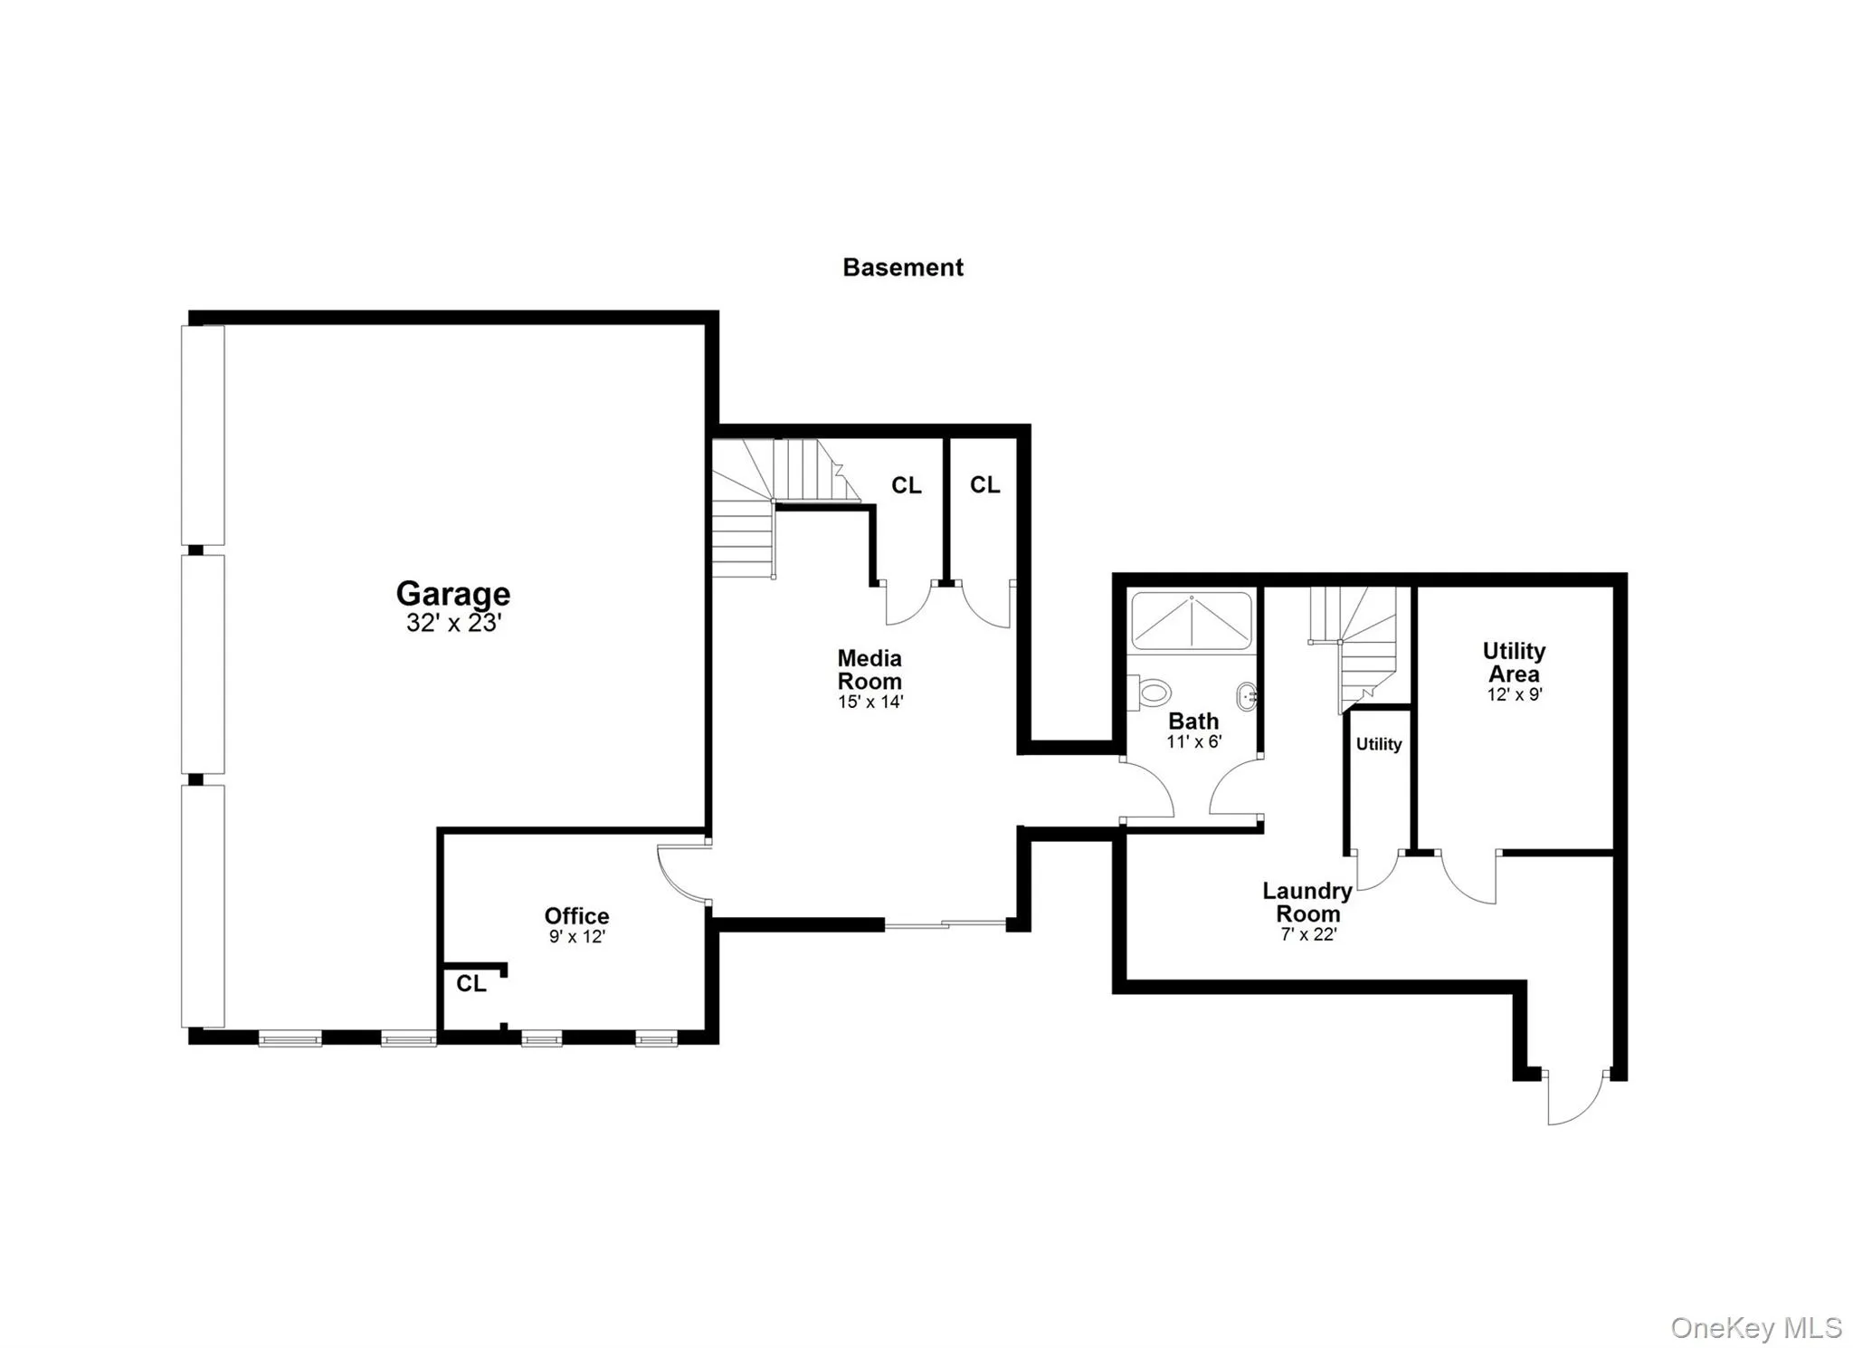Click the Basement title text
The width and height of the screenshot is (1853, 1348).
(x=902, y=267)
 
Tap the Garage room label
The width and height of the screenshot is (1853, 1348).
(x=452, y=593)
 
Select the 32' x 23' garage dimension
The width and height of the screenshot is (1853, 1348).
(x=452, y=623)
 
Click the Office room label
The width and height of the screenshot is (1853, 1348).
(x=576, y=915)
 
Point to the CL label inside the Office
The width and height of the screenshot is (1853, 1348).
(x=470, y=983)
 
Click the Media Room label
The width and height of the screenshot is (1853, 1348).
(x=869, y=670)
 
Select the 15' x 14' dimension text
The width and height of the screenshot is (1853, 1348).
(x=869, y=702)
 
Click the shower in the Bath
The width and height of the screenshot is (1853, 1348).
(x=1192, y=620)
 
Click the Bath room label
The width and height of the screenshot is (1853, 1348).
(x=1193, y=722)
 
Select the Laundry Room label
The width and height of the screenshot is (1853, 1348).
(x=1307, y=902)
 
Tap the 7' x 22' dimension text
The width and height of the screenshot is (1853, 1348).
(x=1308, y=934)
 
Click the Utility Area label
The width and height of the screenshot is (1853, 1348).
(x=1514, y=662)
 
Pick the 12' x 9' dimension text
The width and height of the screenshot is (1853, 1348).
(x=1514, y=694)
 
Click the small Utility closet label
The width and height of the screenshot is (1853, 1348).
(x=1378, y=744)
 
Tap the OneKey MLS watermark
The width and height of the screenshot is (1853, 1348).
(x=1755, y=1327)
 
